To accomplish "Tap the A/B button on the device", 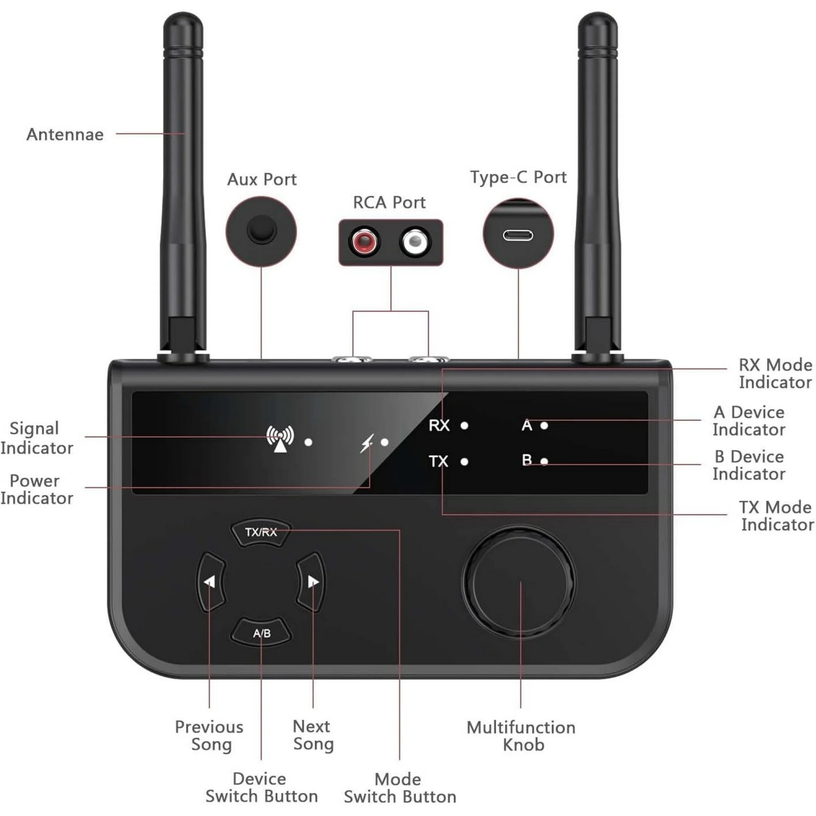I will click(262, 633).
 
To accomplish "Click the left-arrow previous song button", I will click(210, 582).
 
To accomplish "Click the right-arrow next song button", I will click(312, 582).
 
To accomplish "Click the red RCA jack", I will click(364, 241).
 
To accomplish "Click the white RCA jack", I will click(415, 241).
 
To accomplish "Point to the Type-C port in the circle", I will click(518, 235).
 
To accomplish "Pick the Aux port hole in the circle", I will click(262, 230).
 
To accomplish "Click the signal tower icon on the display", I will click(280, 438).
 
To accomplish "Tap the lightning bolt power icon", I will click(368, 443).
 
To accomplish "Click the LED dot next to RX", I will click(464, 425).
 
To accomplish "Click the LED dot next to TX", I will click(464, 462).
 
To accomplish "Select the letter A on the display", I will click(527, 425).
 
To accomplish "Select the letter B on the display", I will click(527, 460).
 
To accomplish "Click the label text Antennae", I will click(65, 134).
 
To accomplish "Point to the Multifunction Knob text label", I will click(521, 735).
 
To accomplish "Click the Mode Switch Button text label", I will click(400, 788).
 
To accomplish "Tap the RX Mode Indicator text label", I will click(775, 373).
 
